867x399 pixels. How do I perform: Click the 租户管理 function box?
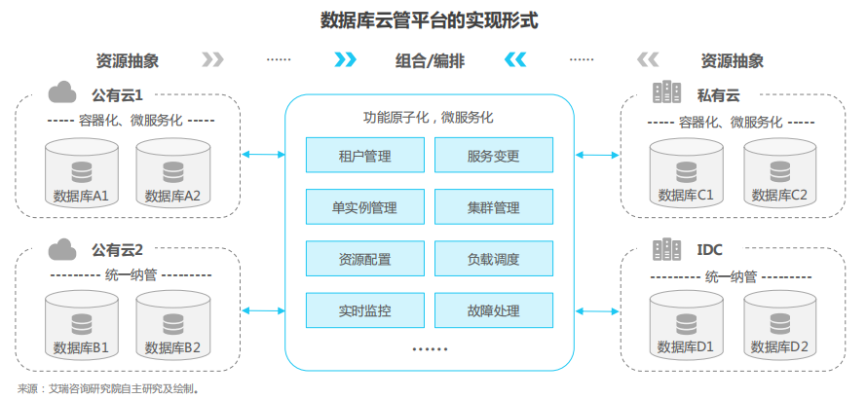365,156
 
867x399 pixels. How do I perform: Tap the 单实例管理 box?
365,208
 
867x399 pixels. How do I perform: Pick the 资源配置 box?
365,260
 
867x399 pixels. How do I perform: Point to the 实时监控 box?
365,311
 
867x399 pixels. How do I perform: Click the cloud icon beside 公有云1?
63,93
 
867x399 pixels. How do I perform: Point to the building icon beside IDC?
667,248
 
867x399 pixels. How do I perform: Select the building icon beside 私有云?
667,93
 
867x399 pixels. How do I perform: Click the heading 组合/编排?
430,60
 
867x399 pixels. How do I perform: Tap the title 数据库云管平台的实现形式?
430,19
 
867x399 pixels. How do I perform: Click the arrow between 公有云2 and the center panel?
260,310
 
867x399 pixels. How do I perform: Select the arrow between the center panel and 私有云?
597,154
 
